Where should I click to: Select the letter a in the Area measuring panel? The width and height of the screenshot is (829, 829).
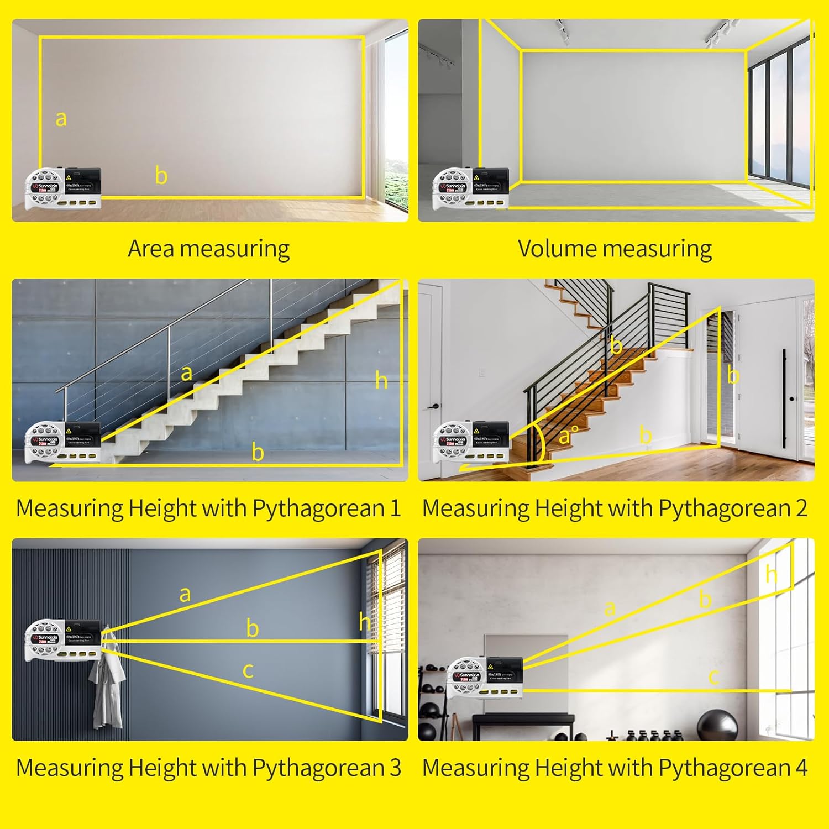point(61,119)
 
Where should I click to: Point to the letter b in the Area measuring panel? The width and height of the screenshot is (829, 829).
point(161,176)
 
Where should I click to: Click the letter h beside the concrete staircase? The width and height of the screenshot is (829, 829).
point(381,381)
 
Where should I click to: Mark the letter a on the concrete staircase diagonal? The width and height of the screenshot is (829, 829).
point(187,373)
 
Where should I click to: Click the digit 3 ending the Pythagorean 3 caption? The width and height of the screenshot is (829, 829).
point(395,768)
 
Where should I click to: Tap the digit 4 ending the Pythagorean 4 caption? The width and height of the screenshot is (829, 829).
point(801,768)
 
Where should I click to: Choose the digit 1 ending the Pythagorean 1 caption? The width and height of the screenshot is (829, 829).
point(395,508)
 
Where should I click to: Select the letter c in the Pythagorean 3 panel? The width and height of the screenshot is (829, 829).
point(248,670)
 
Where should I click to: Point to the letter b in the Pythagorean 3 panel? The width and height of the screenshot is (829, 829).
point(253,629)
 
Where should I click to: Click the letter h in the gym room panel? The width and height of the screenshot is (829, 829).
point(772,575)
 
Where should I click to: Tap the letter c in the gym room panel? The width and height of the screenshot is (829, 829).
point(714,676)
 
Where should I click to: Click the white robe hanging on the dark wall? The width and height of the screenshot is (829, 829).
point(107,691)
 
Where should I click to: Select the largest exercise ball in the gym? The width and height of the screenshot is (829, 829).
point(717,725)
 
